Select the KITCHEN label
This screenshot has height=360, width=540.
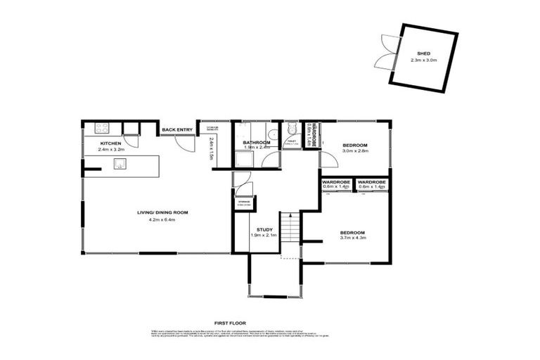click(x=101, y=143)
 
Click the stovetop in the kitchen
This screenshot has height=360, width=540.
click(x=102, y=128)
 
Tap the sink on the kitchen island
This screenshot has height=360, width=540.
click(x=120, y=165)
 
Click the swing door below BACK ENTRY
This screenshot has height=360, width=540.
click(x=184, y=144)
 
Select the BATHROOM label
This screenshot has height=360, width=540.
click(x=257, y=142)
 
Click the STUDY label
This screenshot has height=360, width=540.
click(x=264, y=229)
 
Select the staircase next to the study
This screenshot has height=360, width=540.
click(x=290, y=229)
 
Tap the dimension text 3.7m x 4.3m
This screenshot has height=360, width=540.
click(x=354, y=238)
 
